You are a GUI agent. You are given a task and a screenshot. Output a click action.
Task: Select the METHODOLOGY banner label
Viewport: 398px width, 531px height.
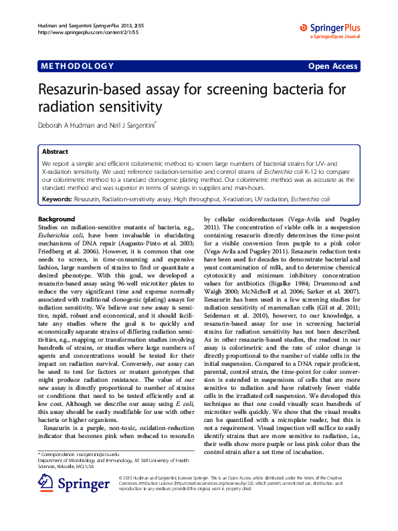(77, 66)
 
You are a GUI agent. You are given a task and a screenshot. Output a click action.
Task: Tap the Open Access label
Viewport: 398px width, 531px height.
(332, 66)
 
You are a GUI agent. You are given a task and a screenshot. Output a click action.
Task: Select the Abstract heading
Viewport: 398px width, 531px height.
(55, 152)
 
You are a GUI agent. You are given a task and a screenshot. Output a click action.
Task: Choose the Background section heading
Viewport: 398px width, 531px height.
(56, 219)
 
